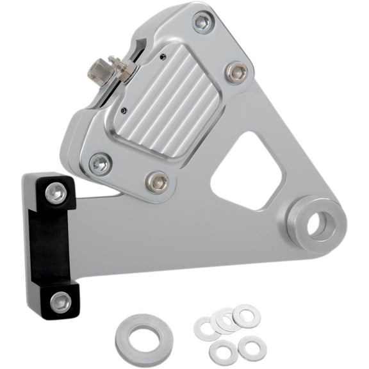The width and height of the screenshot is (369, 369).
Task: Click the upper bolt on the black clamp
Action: [56, 193]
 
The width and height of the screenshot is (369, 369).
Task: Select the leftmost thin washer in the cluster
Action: [208, 329]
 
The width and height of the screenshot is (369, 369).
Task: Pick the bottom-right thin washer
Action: [252, 348]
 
